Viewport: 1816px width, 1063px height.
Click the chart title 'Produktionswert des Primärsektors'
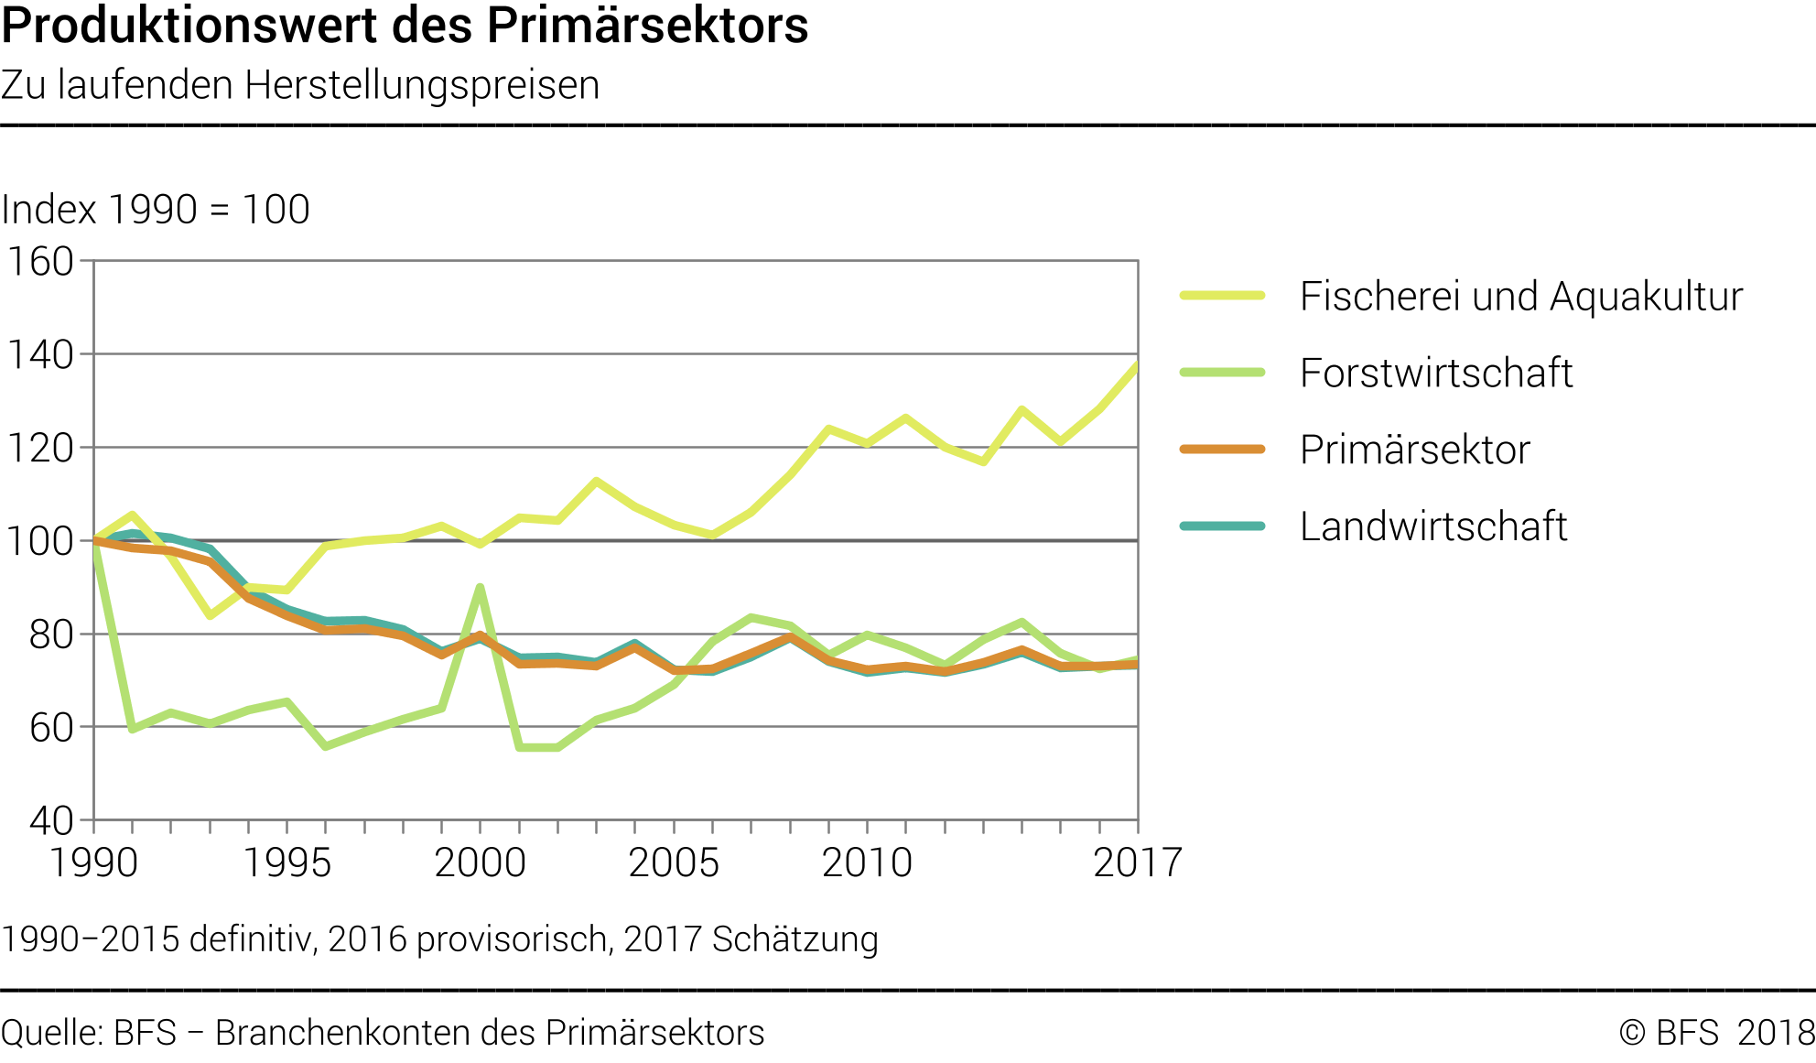coord(405,26)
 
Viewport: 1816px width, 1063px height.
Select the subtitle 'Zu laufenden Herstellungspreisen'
coord(300,85)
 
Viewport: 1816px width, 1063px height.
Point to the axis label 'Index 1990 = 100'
coord(156,210)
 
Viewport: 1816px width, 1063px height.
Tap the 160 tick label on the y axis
coord(40,262)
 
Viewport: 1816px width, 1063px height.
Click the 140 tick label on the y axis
coord(40,355)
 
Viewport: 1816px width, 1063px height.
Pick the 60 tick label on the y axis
coord(51,728)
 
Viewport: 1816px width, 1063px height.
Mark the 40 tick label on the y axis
coord(51,821)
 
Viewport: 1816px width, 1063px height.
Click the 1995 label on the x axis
coord(286,862)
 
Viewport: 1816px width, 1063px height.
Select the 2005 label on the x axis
coord(674,862)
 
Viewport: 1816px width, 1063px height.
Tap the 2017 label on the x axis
coord(1138,862)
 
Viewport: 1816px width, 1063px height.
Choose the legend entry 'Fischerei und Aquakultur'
coord(1520,297)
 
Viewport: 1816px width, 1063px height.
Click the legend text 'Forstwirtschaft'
coord(1435,374)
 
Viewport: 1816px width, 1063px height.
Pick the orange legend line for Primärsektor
coord(1222,450)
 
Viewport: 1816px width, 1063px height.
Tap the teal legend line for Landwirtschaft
coord(1222,526)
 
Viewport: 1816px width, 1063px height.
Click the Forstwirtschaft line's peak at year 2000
coord(481,588)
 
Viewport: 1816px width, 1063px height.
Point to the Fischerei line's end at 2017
coord(1137,364)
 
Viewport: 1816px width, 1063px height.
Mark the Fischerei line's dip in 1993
coord(211,615)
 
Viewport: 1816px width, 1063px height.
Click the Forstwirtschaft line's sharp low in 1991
coord(133,729)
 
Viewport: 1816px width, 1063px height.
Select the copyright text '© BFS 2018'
coord(1716,1033)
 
